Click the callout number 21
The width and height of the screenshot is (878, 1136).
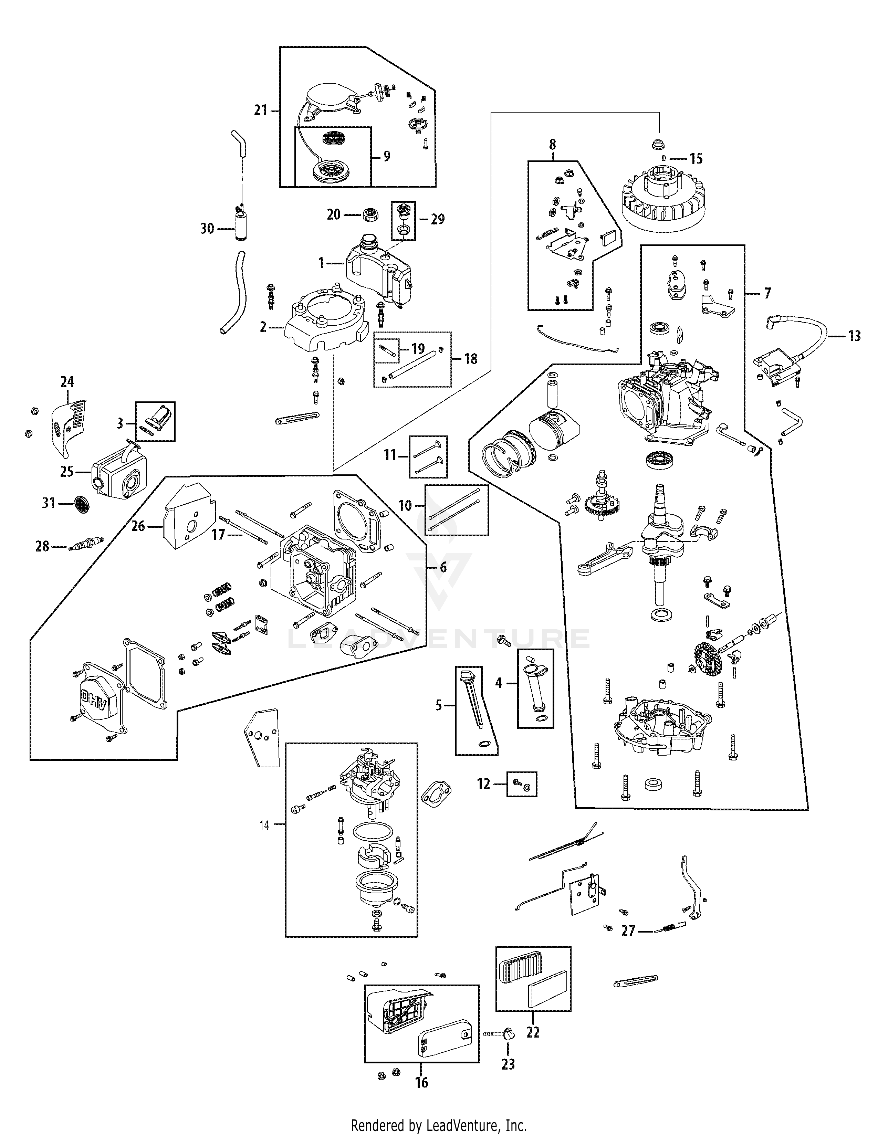click(x=260, y=110)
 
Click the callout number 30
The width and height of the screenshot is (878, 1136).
click(x=207, y=228)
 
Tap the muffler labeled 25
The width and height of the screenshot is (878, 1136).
click(x=118, y=472)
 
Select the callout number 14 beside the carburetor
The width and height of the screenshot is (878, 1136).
click(x=264, y=825)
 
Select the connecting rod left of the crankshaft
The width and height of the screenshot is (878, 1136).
click(x=603, y=558)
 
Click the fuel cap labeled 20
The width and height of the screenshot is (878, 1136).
click(x=370, y=213)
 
